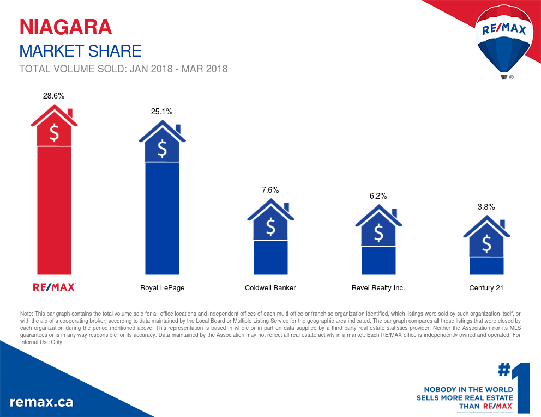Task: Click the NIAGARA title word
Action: click(65, 27)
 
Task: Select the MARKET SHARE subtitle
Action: click(80, 51)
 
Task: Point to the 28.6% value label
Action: click(54, 96)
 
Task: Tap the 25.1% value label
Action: click(162, 112)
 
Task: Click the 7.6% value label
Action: click(270, 190)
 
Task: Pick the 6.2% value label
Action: click(378, 195)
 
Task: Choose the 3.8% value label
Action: click(486, 207)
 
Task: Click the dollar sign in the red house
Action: click(54, 132)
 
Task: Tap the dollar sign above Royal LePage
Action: click(162, 148)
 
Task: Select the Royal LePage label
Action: click(162, 287)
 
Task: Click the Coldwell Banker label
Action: click(270, 287)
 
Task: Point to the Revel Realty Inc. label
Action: click(378, 287)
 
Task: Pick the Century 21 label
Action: click(486, 287)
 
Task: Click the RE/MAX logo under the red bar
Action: click(54, 287)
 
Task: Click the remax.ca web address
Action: click(41, 402)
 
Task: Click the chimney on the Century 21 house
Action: click(502, 225)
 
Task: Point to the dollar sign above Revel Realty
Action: click(378, 233)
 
